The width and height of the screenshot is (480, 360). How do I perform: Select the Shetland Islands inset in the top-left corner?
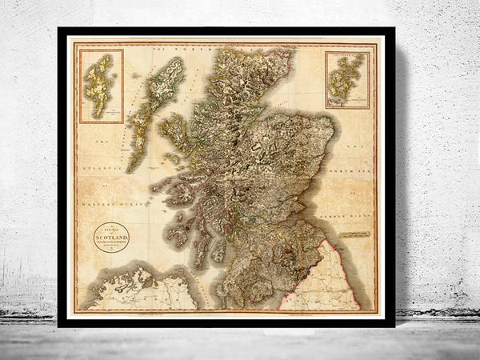point(102,86)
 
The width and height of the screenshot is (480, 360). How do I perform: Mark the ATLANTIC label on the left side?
point(102,168)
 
